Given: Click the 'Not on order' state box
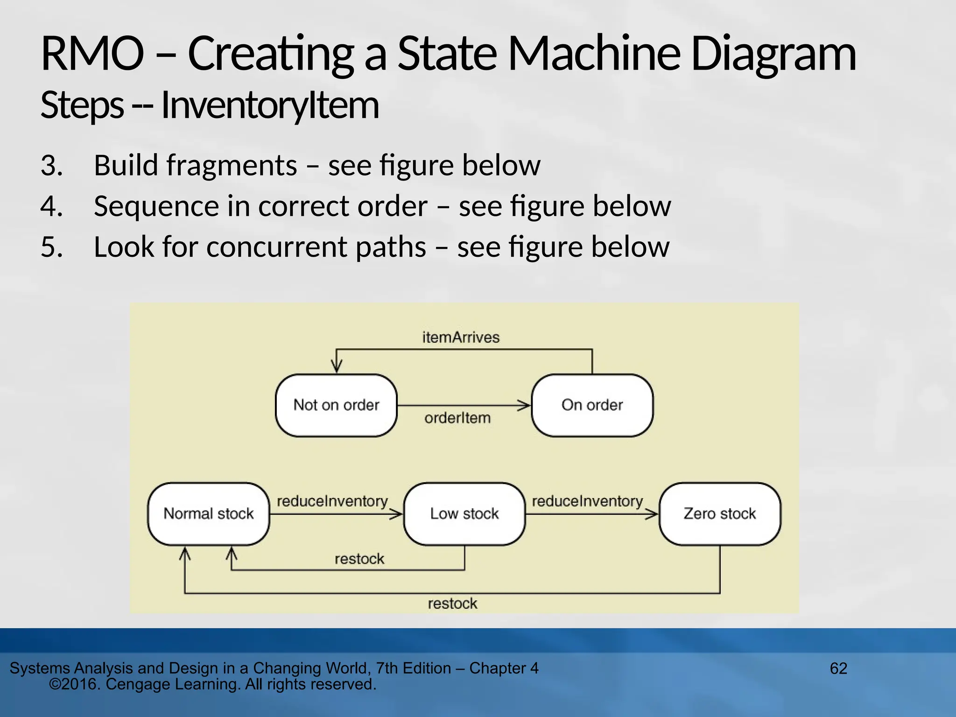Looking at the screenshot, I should coord(336,405).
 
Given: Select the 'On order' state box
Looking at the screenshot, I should coord(592,405).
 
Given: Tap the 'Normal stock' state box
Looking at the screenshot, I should coord(208,513).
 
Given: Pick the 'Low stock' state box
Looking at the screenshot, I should coord(464,513).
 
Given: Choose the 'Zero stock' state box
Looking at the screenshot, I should coord(719,513).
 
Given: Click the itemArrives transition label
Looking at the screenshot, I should coord(461,337).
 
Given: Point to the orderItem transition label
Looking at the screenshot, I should coord(457,418).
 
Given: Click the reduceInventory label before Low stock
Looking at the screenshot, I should coord(332,501).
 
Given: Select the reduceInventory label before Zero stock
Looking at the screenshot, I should coord(587,501).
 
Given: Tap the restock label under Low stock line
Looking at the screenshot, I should coord(359,559).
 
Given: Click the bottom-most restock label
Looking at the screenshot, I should coord(452,604).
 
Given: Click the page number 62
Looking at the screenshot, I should coord(838,668).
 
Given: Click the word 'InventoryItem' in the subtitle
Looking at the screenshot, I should coord(270,105).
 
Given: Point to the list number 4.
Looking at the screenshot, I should coord(51,206).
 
